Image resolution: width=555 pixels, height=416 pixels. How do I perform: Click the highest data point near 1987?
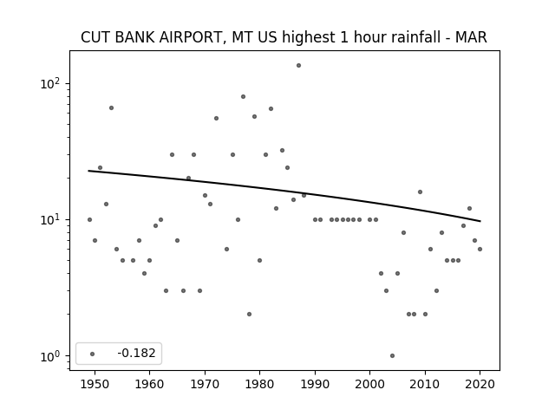[298, 66]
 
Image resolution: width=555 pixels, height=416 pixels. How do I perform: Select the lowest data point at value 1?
[392, 356]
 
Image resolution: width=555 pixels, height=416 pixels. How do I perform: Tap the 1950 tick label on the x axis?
[95, 384]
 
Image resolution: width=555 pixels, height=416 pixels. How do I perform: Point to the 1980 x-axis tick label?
[260, 384]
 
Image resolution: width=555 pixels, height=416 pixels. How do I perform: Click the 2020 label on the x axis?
[480, 384]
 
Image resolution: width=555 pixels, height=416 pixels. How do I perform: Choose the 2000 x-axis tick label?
[370, 384]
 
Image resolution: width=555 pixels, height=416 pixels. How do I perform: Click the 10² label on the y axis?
[50, 84]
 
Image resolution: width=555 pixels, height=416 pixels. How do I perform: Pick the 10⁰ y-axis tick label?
[50, 356]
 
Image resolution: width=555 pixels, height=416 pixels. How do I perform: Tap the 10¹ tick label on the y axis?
[50, 220]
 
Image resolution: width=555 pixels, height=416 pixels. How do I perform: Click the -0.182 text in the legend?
[136, 353]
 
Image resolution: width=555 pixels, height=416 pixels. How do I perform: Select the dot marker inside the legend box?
[93, 354]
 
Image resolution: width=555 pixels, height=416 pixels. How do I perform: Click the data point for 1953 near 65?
[111, 107]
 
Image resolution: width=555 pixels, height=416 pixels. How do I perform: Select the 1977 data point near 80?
[243, 96]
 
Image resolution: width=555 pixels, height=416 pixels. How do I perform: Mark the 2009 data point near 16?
[420, 192]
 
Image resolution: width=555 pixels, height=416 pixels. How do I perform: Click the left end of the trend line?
[88, 171]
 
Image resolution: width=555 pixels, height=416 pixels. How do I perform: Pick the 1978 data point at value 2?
[249, 314]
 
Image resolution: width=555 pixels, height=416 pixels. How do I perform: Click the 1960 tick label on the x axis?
[149, 384]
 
